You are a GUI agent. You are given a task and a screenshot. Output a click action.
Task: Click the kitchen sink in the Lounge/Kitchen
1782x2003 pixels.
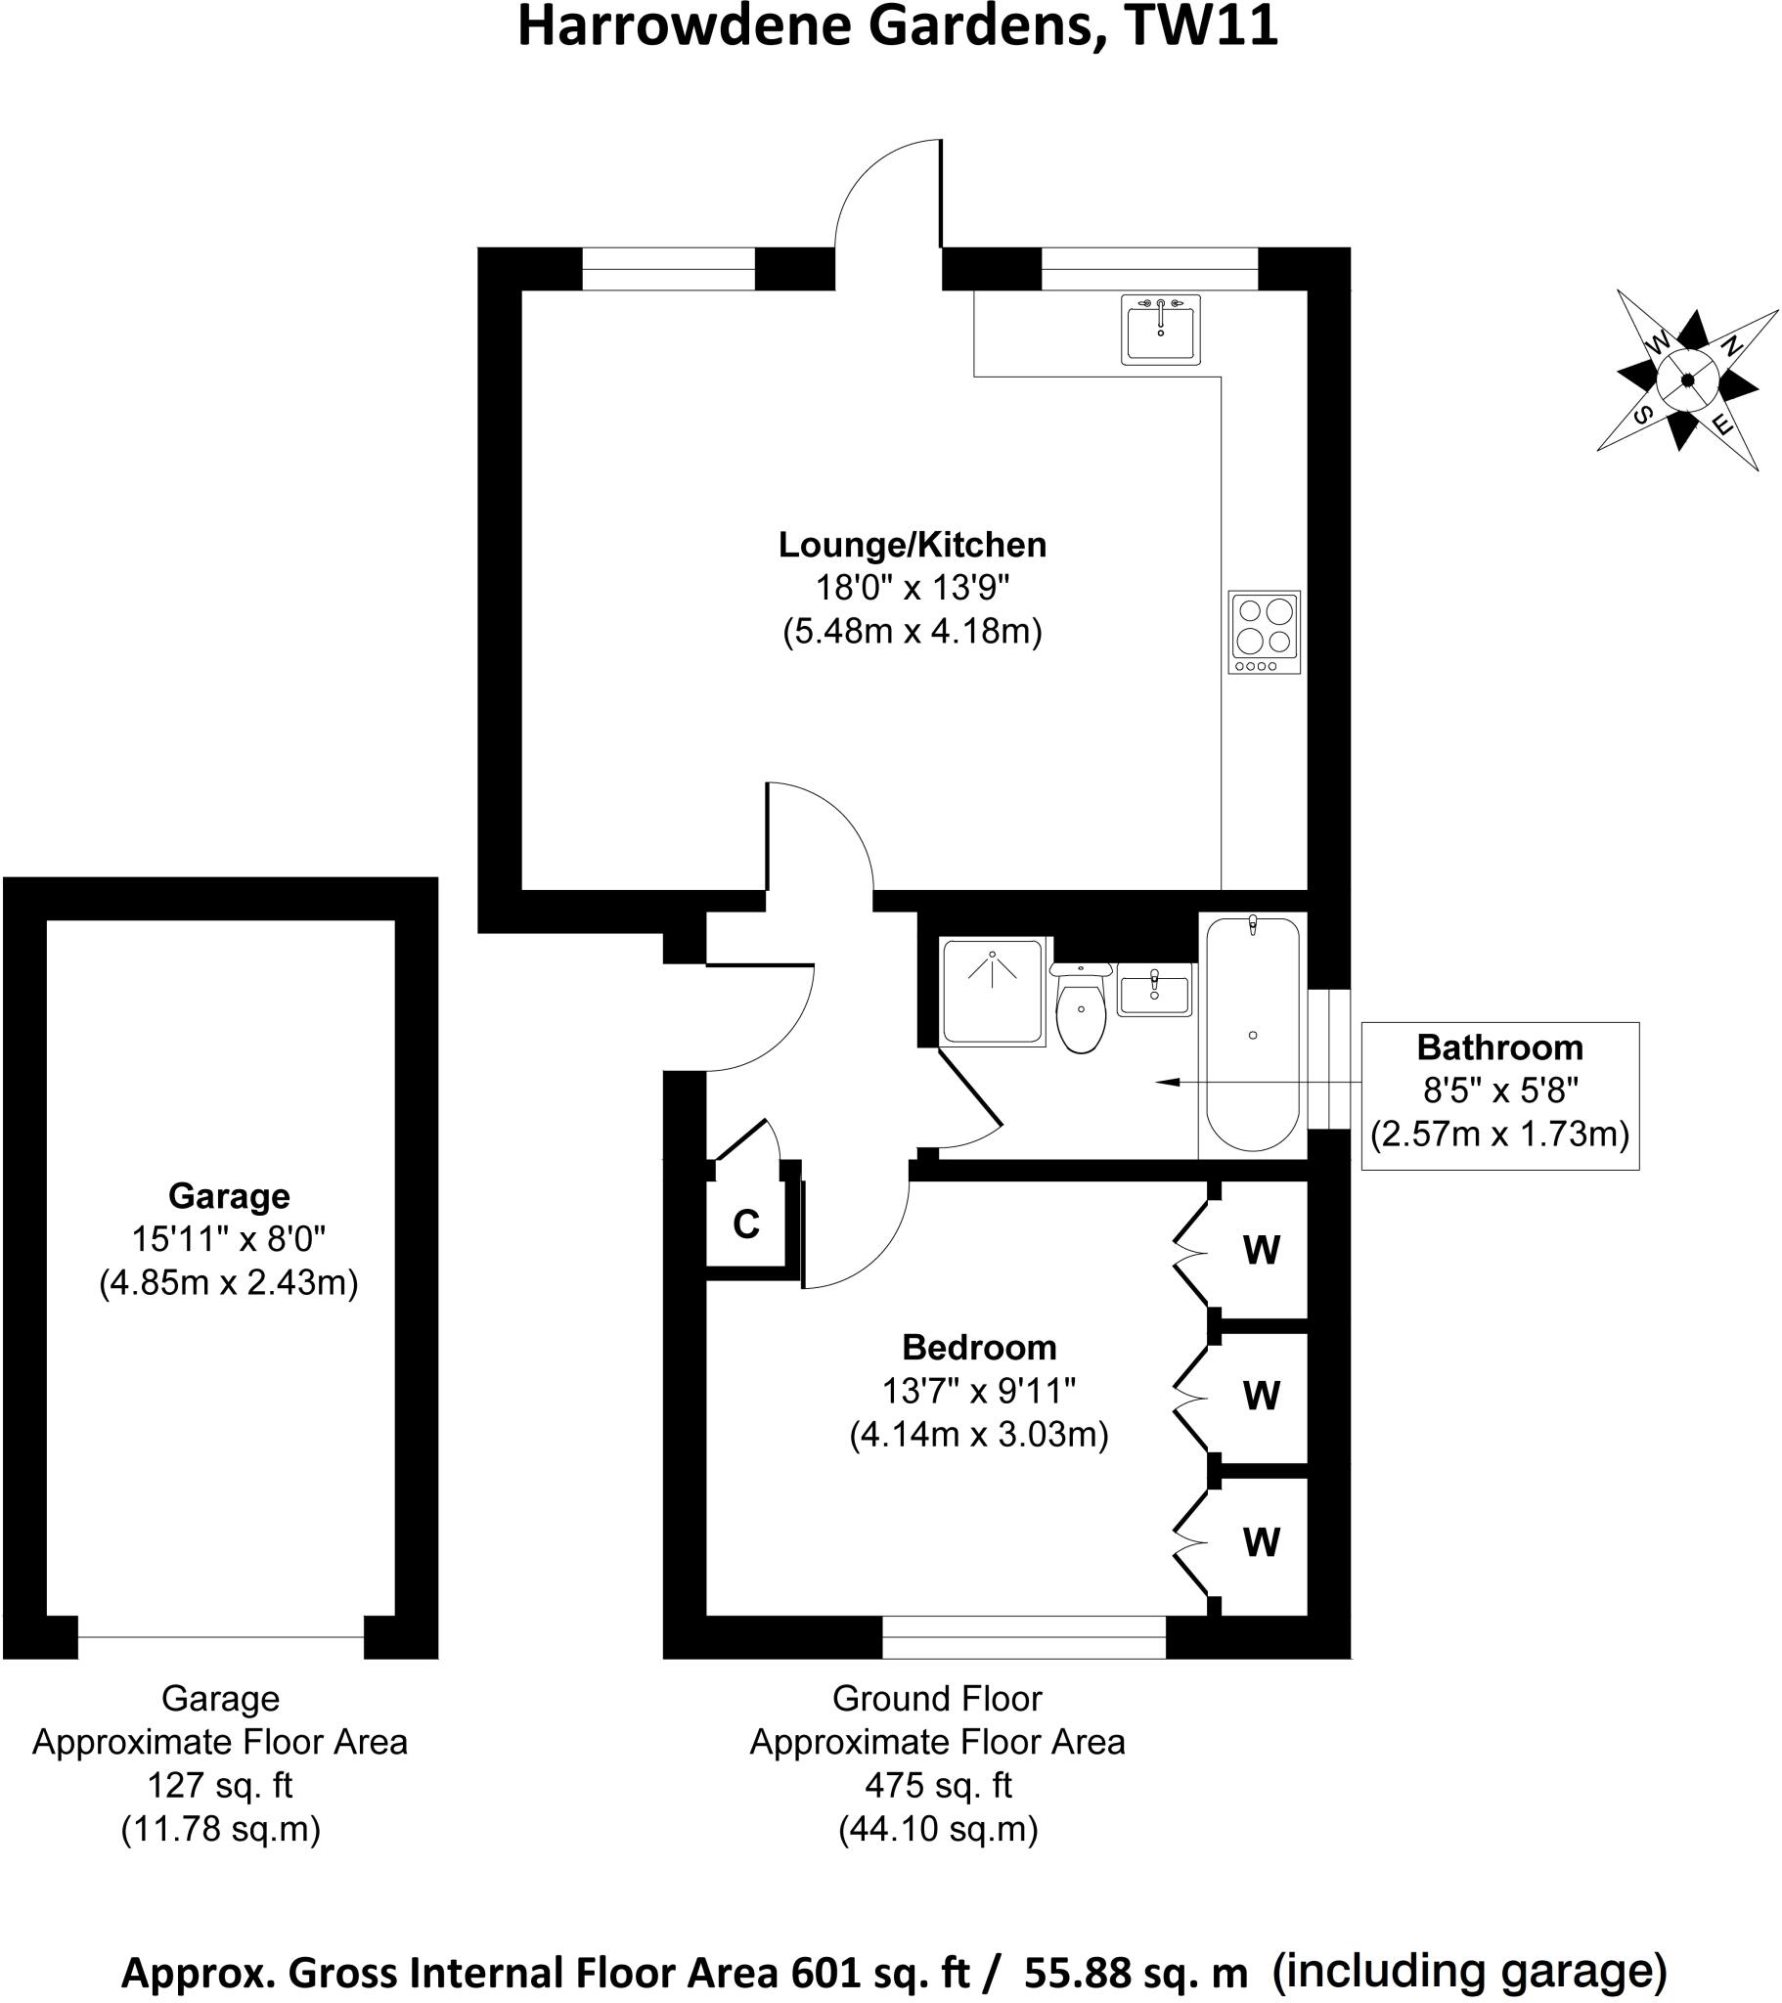click(x=1161, y=330)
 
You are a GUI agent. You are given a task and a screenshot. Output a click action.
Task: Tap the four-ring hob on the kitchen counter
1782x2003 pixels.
click(x=1265, y=632)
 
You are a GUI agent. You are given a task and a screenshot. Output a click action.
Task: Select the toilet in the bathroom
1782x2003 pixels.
click(x=1082, y=1008)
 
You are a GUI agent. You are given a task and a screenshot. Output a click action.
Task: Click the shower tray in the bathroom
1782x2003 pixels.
click(x=992, y=991)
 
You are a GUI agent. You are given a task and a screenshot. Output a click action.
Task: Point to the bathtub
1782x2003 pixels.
click(x=1253, y=1034)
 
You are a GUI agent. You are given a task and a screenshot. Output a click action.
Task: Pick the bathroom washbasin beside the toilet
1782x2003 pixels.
click(x=1155, y=990)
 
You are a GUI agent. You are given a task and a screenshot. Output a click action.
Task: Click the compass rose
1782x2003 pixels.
click(x=1687, y=380)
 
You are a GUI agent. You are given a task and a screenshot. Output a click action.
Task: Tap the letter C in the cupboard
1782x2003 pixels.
click(x=746, y=1224)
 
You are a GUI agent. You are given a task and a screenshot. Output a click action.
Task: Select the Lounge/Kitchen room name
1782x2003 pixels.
click(x=912, y=545)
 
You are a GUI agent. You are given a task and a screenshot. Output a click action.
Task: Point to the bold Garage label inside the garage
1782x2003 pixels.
click(x=229, y=1195)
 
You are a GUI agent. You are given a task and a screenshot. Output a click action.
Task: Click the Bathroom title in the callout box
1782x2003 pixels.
click(x=1499, y=1047)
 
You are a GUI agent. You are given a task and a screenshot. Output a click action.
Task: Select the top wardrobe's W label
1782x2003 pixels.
click(x=1262, y=1250)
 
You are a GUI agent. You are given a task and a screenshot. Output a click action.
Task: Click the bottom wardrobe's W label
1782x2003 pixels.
click(x=1262, y=1542)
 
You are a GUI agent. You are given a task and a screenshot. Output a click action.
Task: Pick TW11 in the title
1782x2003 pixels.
click(x=1201, y=26)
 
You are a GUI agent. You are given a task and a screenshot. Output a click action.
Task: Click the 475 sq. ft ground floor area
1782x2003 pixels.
click(x=937, y=1785)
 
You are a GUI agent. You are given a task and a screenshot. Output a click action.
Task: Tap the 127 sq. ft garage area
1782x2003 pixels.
click(x=219, y=1785)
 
